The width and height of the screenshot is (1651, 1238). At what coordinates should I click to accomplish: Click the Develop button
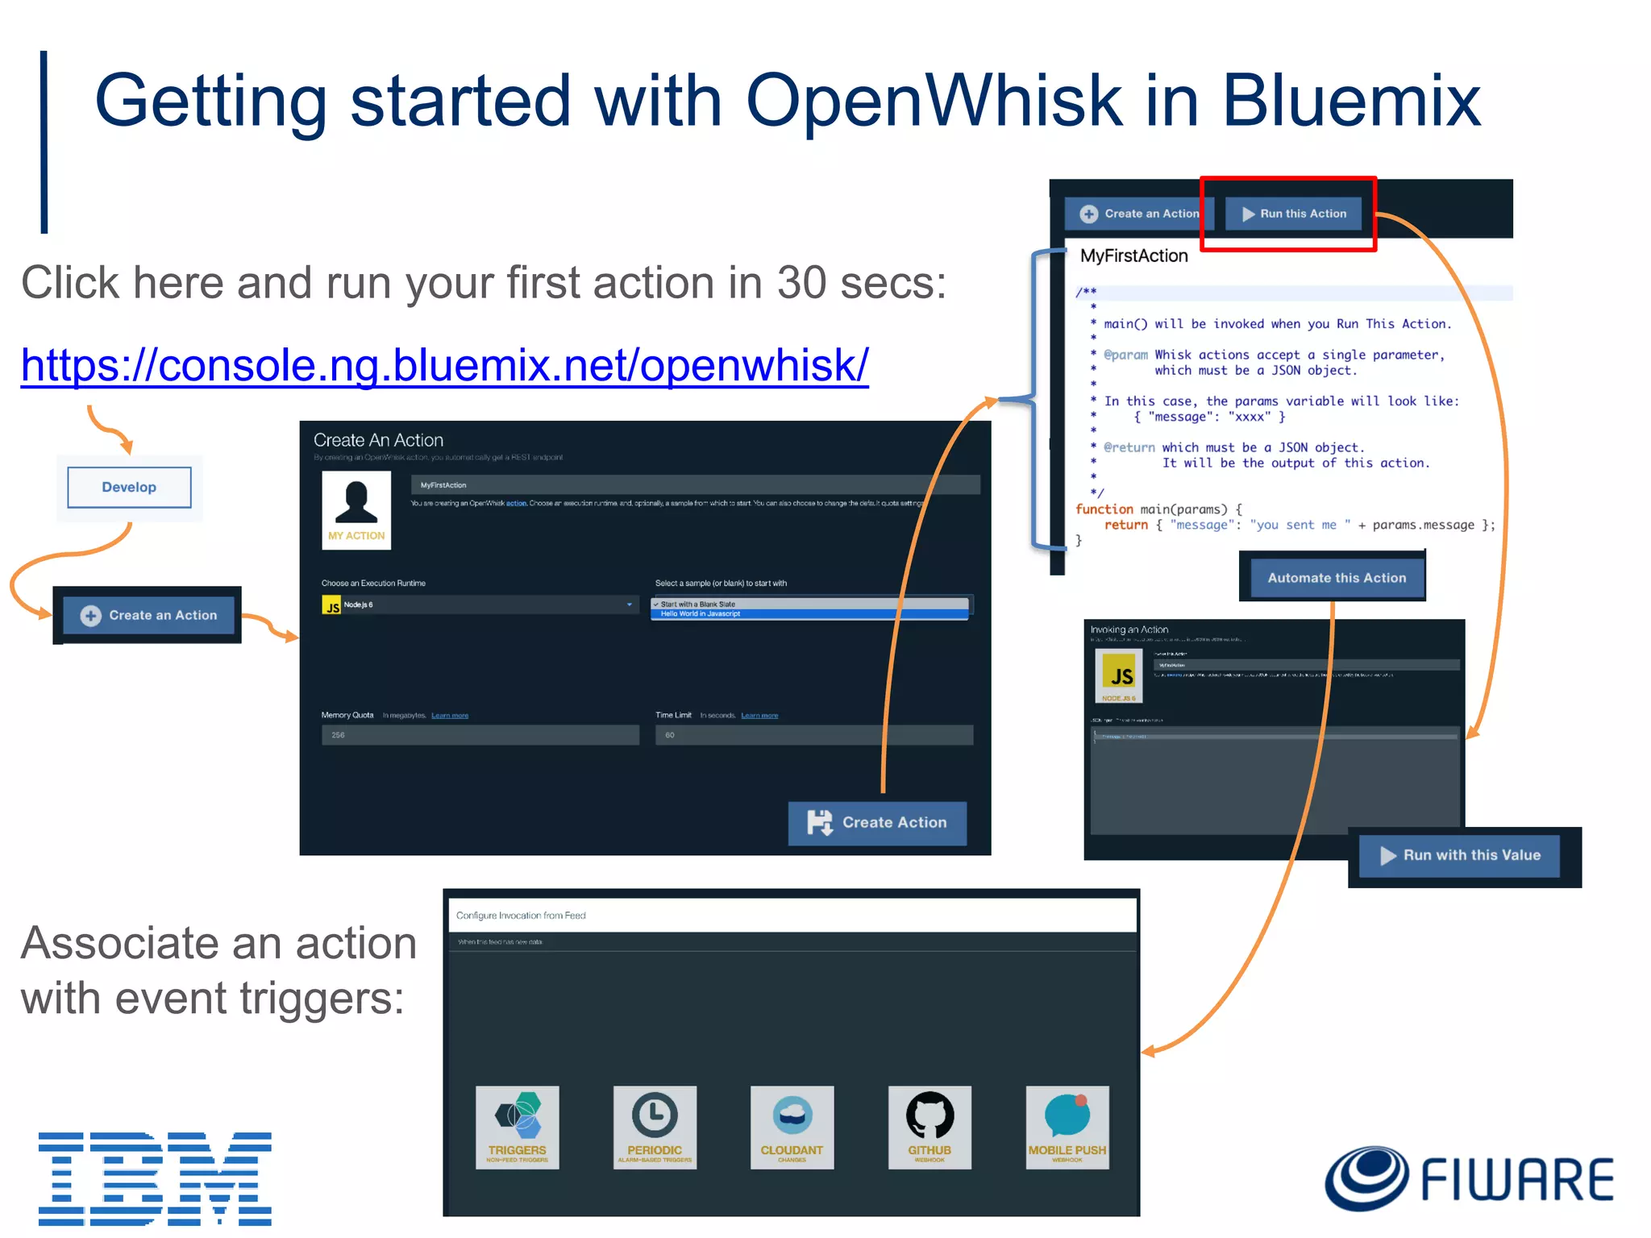[x=129, y=488]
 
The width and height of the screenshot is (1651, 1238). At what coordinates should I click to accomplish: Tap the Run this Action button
[x=1294, y=214]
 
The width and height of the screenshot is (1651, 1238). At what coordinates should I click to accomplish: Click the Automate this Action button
[x=1336, y=578]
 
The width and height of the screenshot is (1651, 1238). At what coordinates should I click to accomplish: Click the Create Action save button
[x=877, y=823]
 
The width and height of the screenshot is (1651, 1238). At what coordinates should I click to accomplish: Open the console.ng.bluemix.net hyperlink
[x=444, y=365]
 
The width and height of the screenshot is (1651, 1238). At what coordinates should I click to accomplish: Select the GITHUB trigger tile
[x=929, y=1127]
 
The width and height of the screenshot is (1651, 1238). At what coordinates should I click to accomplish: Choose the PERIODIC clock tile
[x=655, y=1127]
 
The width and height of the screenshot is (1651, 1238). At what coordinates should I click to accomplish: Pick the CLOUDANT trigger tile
[x=792, y=1127]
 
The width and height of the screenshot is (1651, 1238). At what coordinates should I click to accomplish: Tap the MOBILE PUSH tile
[x=1067, y=1127]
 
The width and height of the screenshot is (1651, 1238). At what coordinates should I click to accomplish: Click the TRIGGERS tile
[x=517, y=1127]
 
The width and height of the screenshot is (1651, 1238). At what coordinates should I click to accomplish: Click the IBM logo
[x=155, y=1178]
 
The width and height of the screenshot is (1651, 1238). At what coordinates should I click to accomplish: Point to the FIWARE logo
[x=1469, y=1179]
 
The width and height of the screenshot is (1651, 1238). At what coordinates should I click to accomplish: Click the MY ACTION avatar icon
[x=356, y=509]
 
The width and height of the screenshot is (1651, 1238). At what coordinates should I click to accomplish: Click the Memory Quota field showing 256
[x=480, y=735]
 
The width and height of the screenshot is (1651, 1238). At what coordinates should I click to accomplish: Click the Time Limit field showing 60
[x=813, y=735]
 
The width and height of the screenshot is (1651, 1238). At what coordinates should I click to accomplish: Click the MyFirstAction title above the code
[x=1133, y=256]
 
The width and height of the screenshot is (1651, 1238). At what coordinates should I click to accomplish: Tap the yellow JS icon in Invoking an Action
[x=1119, y=675]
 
